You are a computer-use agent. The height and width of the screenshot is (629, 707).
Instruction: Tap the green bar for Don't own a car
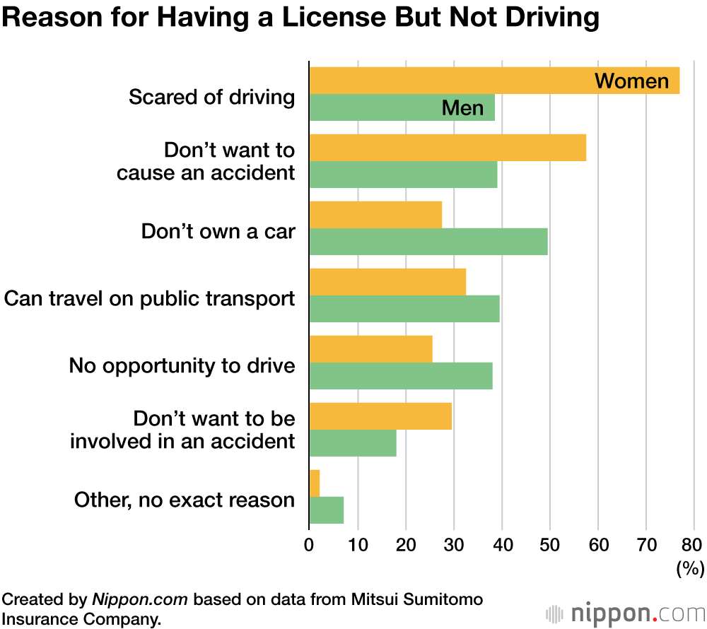(428, 242)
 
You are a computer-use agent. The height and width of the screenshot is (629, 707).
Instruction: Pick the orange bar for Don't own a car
(375, 215)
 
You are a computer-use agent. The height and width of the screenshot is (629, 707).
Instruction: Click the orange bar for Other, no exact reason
(315, 483)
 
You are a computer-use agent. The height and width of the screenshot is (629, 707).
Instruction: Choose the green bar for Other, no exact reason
(327, 510)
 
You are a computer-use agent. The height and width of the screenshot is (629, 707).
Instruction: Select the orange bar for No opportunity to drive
(370, 349)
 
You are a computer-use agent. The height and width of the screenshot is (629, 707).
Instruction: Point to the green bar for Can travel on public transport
(404, 309)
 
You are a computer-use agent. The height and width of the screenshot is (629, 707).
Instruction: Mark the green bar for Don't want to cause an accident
(403, 175)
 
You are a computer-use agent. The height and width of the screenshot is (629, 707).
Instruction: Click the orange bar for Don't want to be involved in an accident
(380, 416)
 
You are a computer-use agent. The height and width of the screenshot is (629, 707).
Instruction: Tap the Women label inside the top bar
(631, 81)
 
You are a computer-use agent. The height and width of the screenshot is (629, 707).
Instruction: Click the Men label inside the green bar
(462, 108)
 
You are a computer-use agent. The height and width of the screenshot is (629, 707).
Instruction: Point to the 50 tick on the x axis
(550, 545)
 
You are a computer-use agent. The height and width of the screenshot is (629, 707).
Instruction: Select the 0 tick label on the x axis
(309, 545)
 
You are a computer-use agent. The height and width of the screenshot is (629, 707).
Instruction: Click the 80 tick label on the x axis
(693, 545)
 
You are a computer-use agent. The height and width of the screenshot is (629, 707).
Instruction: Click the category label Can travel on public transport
(149, 298)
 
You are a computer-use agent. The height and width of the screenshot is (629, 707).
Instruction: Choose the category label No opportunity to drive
(182, 365)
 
